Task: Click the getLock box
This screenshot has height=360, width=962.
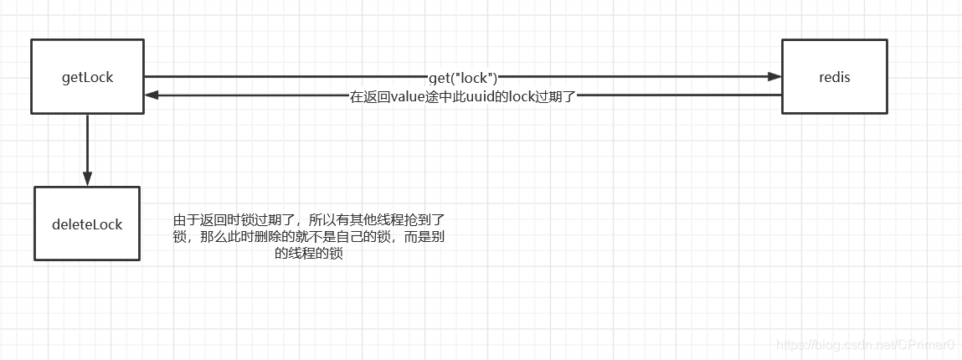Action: click(x=87, y=76)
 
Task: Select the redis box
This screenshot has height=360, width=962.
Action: click(x=834, y=76)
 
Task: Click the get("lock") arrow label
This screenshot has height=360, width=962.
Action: click(x=462, y=77)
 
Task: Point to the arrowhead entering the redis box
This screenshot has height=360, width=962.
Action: click(x=775, y=77)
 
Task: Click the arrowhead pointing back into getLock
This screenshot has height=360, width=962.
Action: click(x=151, y=95)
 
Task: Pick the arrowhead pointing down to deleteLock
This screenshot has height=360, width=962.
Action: click(x=87, y=178)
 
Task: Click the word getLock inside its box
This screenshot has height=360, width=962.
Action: click(x=87, y=77)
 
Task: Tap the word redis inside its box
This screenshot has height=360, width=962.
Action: click(x=834, y=77)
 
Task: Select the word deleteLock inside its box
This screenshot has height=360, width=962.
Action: click(x=87, y=224)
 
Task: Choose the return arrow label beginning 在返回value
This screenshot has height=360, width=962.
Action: click(x=462, y=96)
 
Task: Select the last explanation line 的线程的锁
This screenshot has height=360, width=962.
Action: click(x=308, y=255)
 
